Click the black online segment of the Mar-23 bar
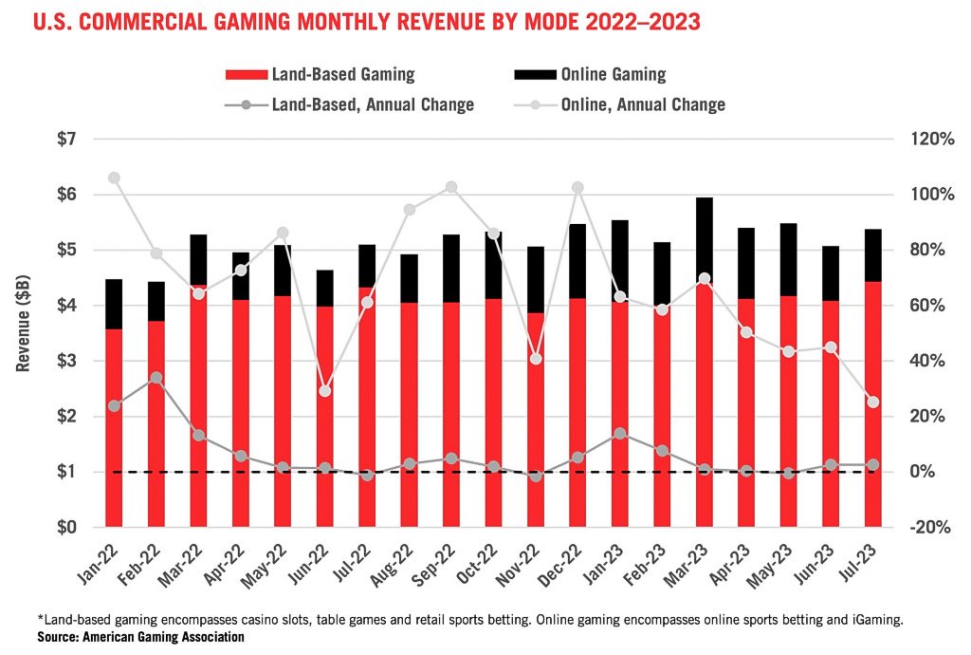click(x=704, y=237)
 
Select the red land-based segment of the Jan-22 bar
click(x=114, y=427)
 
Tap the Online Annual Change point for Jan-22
click(x=114, y=178)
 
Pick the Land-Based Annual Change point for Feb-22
click(x=156, y=378)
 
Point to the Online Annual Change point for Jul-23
click(x=872, y=402)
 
